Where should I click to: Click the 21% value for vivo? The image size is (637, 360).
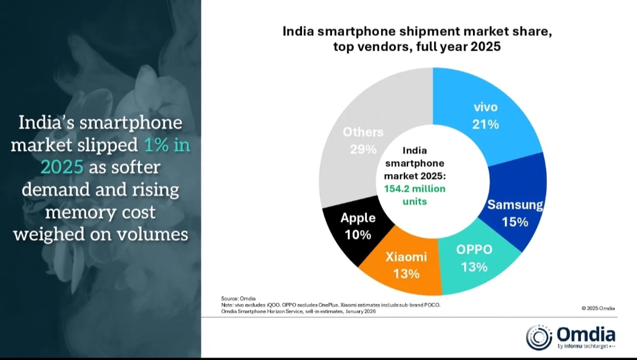pos(485,125)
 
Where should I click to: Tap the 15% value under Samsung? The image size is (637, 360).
pos(515,222)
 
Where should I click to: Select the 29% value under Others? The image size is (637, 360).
pos(363,149)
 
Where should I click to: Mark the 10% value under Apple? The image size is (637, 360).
pos(357,235)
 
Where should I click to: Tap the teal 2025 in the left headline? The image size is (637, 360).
pos(62,167)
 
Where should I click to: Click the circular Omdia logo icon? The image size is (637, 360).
pos(539,337)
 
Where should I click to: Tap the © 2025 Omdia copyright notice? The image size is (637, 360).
pos(598,308)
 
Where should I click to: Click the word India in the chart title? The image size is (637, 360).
pos(300,31)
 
